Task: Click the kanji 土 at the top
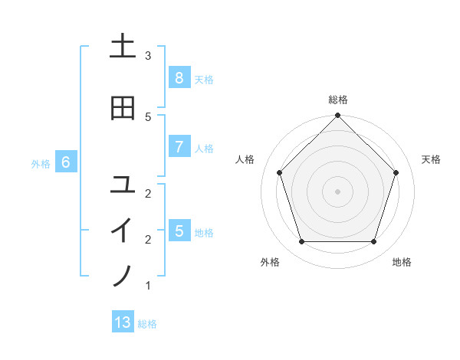pos(123,47)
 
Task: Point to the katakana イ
pos(123,230)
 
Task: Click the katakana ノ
pos(123,275)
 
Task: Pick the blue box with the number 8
pos(179,78)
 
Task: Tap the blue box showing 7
pos(179,147)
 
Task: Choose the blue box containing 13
pos(123,322)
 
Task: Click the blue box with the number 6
pos(66,162)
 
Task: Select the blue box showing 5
pos(179,231)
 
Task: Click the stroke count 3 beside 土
pos(148,56)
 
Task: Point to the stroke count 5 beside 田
pos(148,116)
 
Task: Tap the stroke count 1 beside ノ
pos(148,286)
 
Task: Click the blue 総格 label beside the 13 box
pos(147,324)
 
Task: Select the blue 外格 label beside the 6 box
pos(41,163)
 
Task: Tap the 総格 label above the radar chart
pos(337,100)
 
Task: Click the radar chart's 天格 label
pos(431,159)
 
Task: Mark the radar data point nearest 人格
pos(279,172)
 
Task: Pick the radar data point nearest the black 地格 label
pos(373,241)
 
